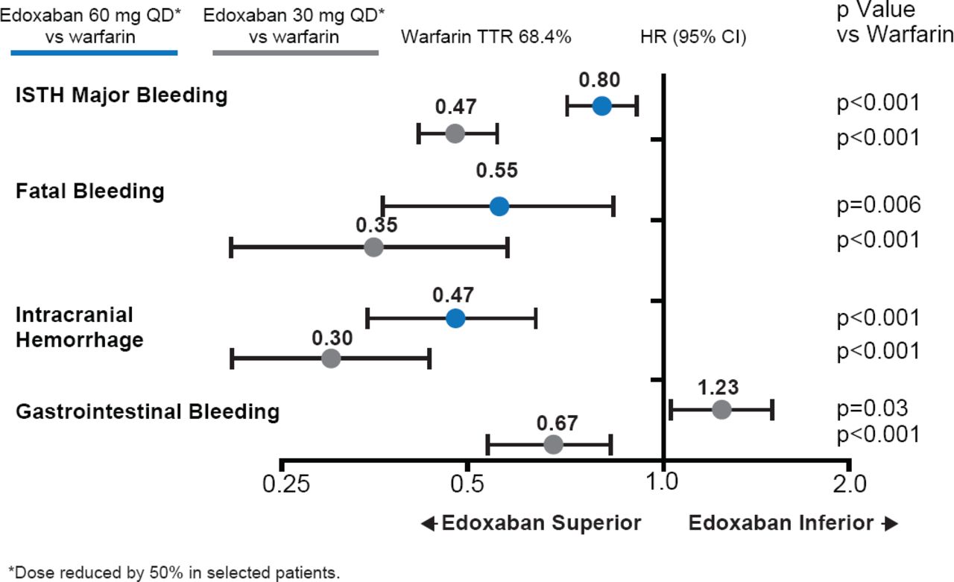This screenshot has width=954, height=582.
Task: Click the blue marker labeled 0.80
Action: click(602, 106)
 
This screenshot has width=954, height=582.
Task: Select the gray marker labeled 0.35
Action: click(374, 247)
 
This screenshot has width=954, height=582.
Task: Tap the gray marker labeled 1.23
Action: click(721, 409)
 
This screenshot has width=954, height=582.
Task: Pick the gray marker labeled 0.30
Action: click(331, 358)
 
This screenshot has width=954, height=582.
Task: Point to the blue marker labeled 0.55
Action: click(499, 206)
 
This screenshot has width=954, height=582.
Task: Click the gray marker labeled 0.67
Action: click(553, 445)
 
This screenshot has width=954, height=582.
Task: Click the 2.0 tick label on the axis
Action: click(849, 485)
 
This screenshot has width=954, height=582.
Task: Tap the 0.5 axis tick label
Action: click(467, 485)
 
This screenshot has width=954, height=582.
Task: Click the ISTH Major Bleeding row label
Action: click(121, 95)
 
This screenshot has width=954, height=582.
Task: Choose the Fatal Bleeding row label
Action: click(90, 191)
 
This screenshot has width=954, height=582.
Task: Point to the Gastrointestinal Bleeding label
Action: click(148, 411)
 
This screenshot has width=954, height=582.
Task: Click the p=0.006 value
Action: click(879, 206)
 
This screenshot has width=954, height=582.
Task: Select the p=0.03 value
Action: click(873, 408)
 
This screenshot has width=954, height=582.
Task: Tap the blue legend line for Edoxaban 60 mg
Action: click(94, 53)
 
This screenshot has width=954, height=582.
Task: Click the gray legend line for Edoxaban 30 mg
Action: click(295, 53)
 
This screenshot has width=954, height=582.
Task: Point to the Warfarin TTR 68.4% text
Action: click(486, 37)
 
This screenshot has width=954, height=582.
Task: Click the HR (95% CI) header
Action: click(693, 37)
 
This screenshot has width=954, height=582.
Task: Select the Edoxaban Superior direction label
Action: click(531, 523)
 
